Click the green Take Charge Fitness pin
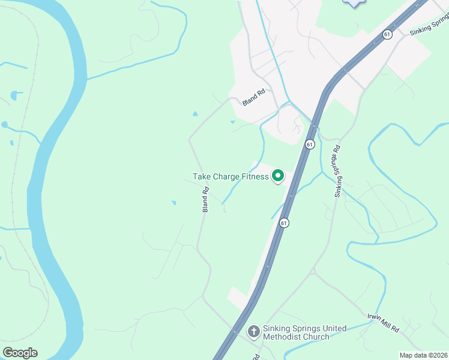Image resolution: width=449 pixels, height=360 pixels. click(x=278, y=176)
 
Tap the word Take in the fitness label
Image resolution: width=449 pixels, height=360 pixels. click(x=202, y=177)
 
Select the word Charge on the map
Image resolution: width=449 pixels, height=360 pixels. click(x=228, y=177)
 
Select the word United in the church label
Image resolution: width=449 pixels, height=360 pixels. click(x=334, y=328)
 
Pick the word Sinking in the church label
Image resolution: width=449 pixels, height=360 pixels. click(x=278, y=328)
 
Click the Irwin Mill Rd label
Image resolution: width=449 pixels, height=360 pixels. click(x=384, y=322)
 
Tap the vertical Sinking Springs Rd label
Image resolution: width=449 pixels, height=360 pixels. click(x=338, y=171)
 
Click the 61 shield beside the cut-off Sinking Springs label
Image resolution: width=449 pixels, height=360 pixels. click(x=387, y=34)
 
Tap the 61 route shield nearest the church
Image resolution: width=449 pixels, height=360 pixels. click(x=284, y=223)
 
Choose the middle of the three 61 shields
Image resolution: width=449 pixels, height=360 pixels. click(x=309, y=145)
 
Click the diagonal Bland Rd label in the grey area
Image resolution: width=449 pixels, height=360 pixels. click(x=254, y=98)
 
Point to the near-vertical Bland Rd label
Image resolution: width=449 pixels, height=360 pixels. click(x=205, y=200)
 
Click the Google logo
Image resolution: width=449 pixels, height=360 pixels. click(x=20, y=353)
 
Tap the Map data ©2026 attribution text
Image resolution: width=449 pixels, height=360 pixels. click(x=424, y=355)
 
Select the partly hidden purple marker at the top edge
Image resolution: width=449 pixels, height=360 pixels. click(x=354, y=3)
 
